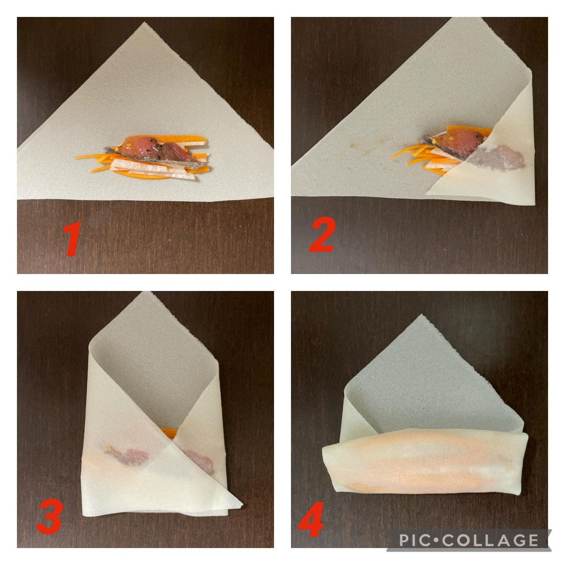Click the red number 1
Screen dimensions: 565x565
[73, 239]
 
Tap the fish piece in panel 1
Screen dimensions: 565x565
[155, 150]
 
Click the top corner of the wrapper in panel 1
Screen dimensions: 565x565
[144, 23]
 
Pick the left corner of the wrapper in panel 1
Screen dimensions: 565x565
[18, 148]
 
